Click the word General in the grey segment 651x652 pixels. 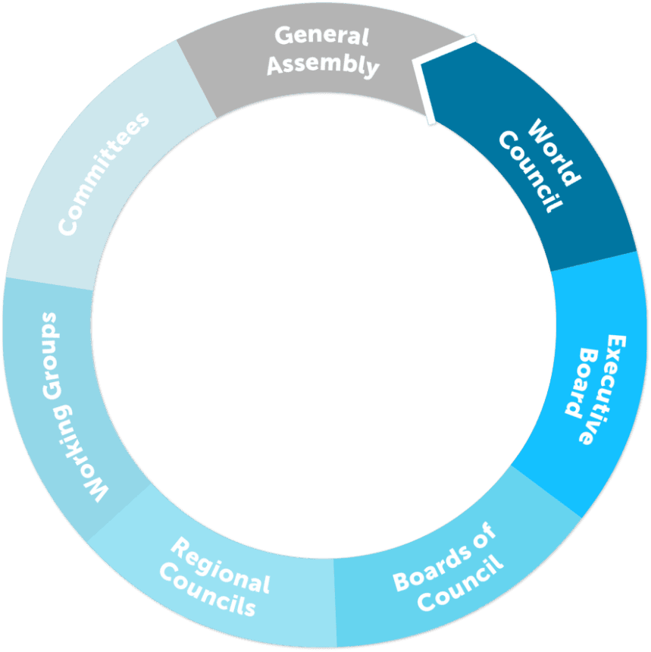[322, 36]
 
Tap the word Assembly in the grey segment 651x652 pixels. [323, 64]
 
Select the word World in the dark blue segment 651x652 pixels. [555, 152]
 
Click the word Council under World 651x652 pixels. [531, 172]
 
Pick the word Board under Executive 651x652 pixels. [582, 383]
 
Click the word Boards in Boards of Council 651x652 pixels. [432, 569]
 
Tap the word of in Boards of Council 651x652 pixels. [485, 534]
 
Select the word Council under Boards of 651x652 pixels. [460, 585]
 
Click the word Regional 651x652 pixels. [221, 565]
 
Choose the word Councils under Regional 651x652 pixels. [208, 590]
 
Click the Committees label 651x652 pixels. [103, 174]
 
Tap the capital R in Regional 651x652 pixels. [180, 547]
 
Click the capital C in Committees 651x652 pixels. [67, 227]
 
